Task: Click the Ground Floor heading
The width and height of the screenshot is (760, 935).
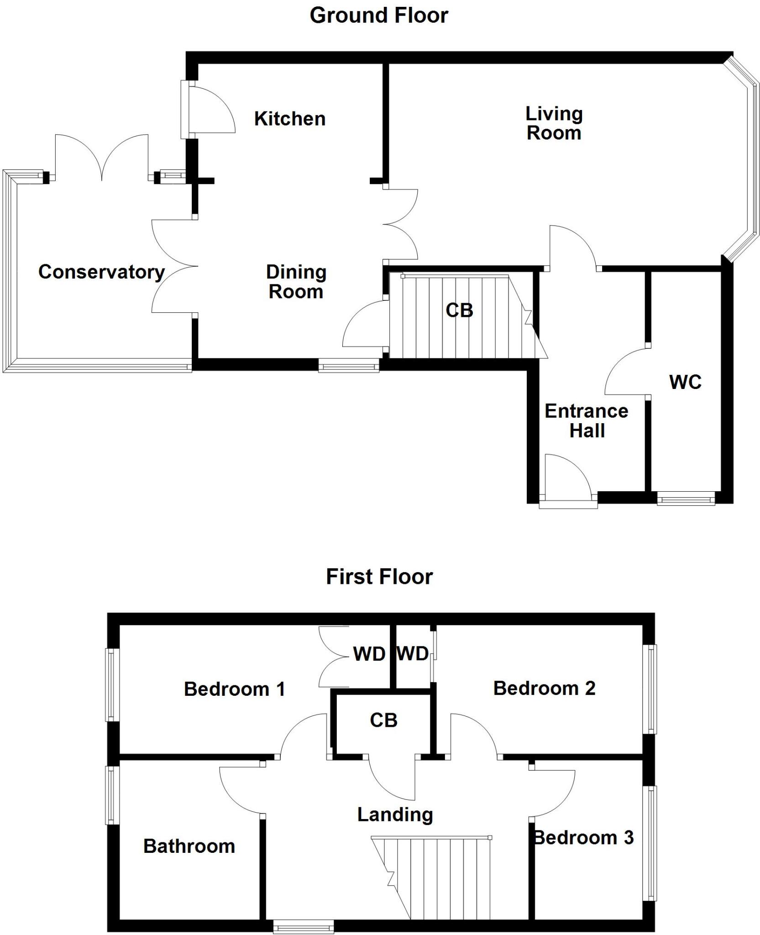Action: tap(378, 16)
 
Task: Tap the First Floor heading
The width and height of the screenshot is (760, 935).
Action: tap(379, 577)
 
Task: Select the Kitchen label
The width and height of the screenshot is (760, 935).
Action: tap(289, 119)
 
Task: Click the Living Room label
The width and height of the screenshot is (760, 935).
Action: tap(554, 123)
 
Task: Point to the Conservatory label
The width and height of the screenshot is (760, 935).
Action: tap(101, 272)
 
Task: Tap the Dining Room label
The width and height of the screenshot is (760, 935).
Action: tap(296, 282)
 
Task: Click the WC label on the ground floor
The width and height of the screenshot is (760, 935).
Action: tap(685, 382)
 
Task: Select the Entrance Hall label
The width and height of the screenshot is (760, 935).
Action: tap(587, 421)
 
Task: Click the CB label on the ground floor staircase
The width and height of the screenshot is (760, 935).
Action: tap(459, 310)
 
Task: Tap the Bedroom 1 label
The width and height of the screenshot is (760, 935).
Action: tap(235, 689)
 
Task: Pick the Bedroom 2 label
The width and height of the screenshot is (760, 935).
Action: tap(544, 688)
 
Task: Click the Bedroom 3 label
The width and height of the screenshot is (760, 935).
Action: tap(584, 837)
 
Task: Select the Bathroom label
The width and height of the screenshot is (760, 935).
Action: tap(189, 846)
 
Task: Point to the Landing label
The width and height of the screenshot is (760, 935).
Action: tap(395, 814)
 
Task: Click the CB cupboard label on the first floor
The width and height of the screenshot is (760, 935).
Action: tap(383, 720)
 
